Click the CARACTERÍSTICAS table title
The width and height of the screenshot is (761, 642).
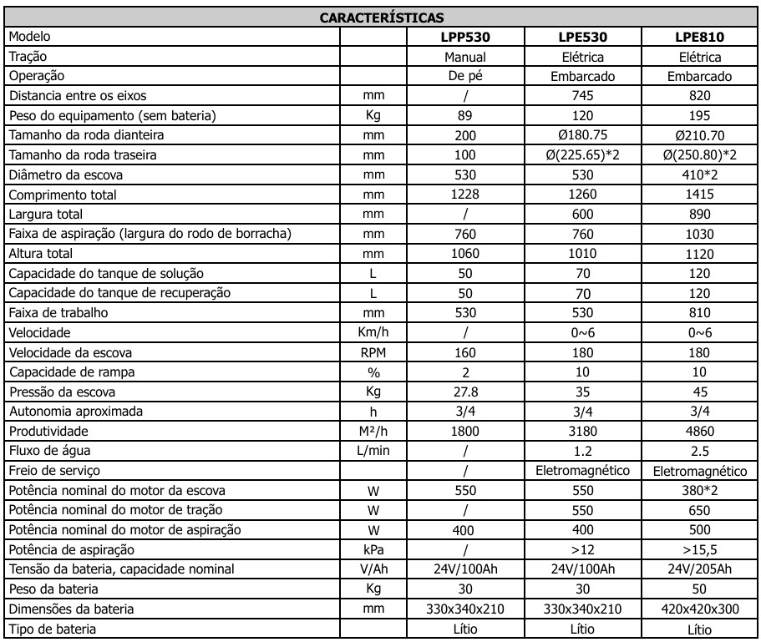coord(381,17)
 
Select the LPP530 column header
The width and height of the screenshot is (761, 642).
coord(465,37)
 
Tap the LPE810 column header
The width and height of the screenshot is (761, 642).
coord(700,37)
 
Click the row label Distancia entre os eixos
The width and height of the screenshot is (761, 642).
coord(80,96)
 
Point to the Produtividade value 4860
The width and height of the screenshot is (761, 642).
coord(700,432)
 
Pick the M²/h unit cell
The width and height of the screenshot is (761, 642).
coord(373,432)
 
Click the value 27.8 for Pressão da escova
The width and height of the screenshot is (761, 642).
coord(465,392)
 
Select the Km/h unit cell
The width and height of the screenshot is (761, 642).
coord(373,332)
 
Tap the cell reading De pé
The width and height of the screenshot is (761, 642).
coord(465,76)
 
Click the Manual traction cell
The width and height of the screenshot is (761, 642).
coord(465,57)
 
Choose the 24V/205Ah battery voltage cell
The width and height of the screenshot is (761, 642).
coord(700,569)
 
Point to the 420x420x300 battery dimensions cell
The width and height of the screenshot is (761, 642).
coord(700,609)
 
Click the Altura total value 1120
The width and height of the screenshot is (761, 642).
coord(700,253)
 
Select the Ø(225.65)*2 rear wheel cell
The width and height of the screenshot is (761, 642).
coord(583,154)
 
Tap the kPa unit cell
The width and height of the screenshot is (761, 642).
coord(373,550)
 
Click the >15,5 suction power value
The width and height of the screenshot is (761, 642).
coord(700,550)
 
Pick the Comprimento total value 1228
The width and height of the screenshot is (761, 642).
coord(465,195)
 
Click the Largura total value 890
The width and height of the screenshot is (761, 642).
coord(700,215)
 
